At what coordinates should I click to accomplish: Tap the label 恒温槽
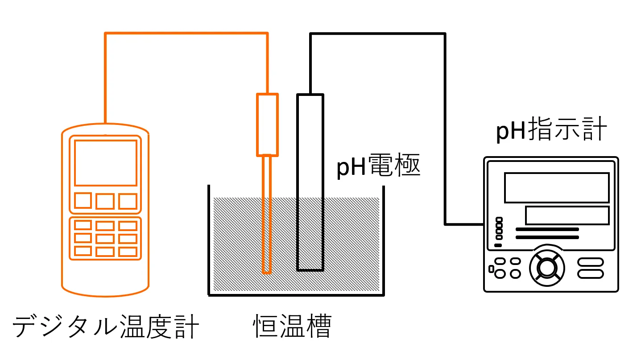click(292, 327)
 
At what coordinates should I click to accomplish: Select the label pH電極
click(378, 168)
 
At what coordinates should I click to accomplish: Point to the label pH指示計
click(551, 130)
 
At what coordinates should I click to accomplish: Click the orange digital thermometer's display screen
click(106, 163)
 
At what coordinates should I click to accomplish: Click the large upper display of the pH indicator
click(557, 187)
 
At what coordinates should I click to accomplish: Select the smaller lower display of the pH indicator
click(567, 215)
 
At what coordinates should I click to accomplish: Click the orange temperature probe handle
click(267, 124)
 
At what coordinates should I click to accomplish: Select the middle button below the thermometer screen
click(105, 201)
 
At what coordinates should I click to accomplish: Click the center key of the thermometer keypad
click(105, 239)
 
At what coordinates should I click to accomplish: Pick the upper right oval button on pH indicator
click(591, 262)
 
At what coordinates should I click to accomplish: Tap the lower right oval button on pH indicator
click(591, 273)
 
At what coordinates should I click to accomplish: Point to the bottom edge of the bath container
click(296, 294)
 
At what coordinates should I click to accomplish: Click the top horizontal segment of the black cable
click(377, 34)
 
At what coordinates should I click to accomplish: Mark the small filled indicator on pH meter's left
click(498, 245)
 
